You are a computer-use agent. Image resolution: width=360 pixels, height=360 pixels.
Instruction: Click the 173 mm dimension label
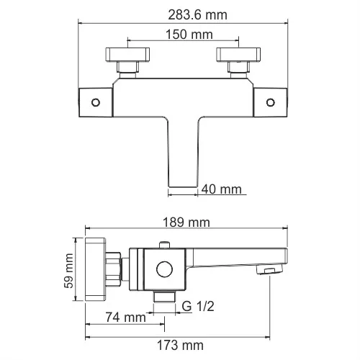[x=180, y=346]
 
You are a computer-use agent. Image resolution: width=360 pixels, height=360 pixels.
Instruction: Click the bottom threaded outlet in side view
[x=165, y=297]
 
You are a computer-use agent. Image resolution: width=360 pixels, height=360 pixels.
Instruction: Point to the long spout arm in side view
[x=238, y=256]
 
